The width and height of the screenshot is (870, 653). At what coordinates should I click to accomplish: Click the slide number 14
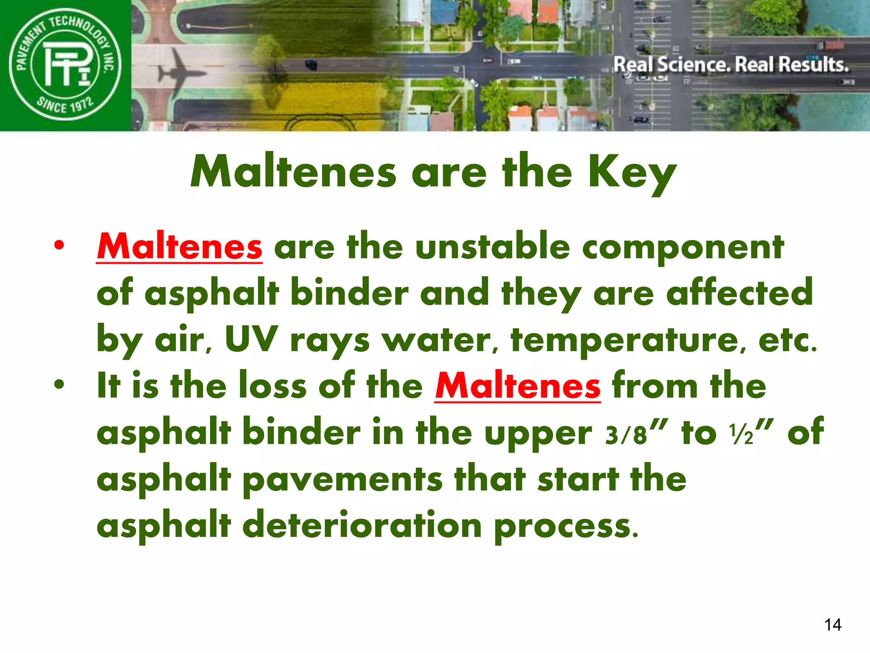(x=833, y=625)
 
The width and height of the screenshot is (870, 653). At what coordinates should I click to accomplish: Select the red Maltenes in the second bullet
(x=517, y=386)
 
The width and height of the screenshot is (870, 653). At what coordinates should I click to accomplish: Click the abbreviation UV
(x=251, y=339)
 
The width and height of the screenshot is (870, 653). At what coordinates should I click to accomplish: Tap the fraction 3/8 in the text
(x=626, y=434)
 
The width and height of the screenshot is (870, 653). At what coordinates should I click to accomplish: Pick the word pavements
(x=342, y=480)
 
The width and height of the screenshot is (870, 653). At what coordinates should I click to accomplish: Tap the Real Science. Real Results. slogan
(x=731, y=65)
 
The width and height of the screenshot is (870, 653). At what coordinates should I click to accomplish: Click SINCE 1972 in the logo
(x=65, y=104)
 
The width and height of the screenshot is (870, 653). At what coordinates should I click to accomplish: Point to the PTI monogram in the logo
(x=66, y=64)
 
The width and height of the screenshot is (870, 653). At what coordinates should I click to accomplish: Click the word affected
(x=739, y=293)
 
